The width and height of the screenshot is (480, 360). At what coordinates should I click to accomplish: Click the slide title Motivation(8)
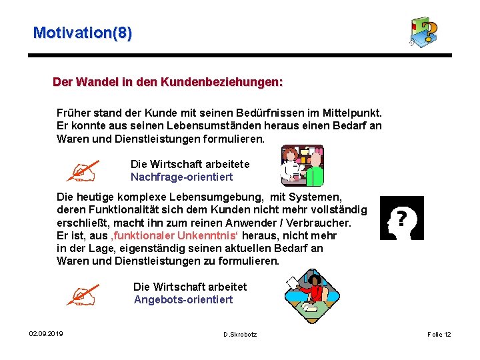[x=82, y=32]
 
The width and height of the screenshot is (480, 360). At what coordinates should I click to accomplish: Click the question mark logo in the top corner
[x=425, y=31]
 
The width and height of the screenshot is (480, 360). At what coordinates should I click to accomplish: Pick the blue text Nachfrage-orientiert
[x=182, y=177]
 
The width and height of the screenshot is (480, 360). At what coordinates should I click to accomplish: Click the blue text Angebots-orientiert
[x=183, y=299]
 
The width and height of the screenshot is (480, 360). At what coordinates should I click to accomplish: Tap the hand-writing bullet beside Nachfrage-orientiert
[x=85, y=171]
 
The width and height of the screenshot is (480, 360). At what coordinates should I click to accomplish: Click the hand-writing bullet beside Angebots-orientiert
[x=82, y=294]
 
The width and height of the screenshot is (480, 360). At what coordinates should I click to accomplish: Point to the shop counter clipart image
[x=302, y=165]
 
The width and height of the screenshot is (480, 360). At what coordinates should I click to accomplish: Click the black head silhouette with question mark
[x=401, y=218]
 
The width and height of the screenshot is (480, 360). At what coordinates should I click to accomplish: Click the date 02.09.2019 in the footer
[x=46, y=333]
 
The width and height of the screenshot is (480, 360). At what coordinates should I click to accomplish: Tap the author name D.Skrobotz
[x=240, y=334]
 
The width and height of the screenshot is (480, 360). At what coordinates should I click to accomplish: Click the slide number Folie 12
[x=439, y=334]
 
